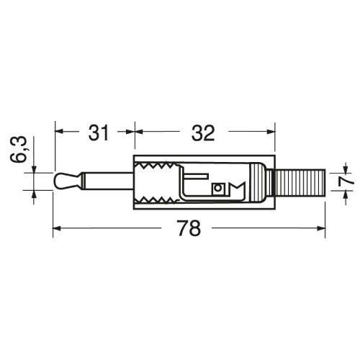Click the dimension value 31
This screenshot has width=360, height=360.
click(99, 132)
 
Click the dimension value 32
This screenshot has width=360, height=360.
click(203, 132)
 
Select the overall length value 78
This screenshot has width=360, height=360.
click(189, 228)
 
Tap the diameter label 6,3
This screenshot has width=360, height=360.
click(18, 149)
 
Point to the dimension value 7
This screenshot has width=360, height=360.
click(346, 181)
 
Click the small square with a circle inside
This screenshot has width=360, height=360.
click(217, 188)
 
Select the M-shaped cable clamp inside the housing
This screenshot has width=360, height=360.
click(237, 188)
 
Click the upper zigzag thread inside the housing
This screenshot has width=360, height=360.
click(157, 166)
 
